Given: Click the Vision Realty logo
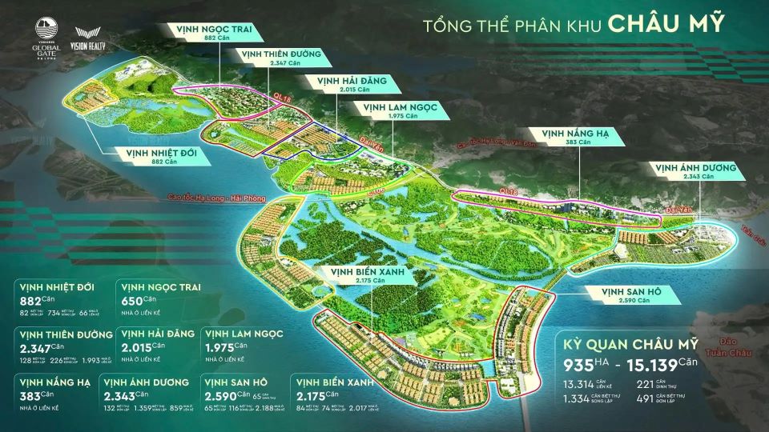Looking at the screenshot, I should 88,41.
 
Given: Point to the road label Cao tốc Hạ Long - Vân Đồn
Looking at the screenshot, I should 496,143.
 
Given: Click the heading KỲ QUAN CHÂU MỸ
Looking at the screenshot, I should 629,344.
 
